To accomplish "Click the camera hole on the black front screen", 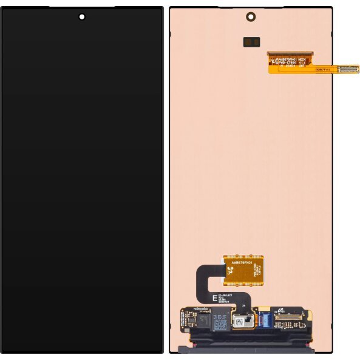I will (x=81, y=16).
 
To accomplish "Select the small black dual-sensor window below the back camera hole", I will (x=251, y=41).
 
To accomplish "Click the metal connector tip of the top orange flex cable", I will (x=348, y=69).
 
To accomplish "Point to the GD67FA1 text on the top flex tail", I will (x=321, y=69).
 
